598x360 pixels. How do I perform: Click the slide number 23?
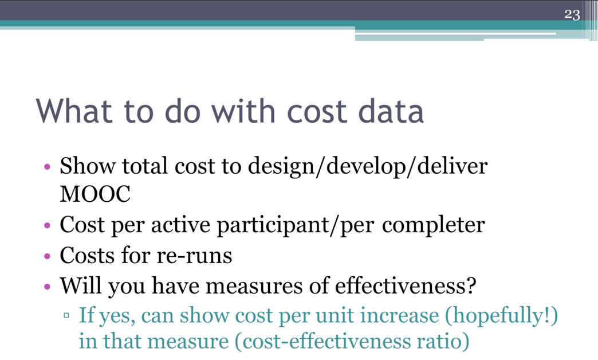(572, 14)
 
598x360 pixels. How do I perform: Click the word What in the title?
(74, 111)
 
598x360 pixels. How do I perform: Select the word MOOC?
(95, 194)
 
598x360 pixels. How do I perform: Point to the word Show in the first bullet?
(87, 166)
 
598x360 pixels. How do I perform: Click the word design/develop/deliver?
(368, 167)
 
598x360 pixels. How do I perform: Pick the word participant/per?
(296, 225)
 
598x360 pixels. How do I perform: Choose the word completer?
(433, 225)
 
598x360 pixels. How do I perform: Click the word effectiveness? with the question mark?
(406, 285)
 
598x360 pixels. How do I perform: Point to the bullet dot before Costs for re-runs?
(48, 256)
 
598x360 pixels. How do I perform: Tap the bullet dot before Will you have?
(48, 286)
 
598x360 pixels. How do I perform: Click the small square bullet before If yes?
(66, 315)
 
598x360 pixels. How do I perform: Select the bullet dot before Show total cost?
(48, 167)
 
